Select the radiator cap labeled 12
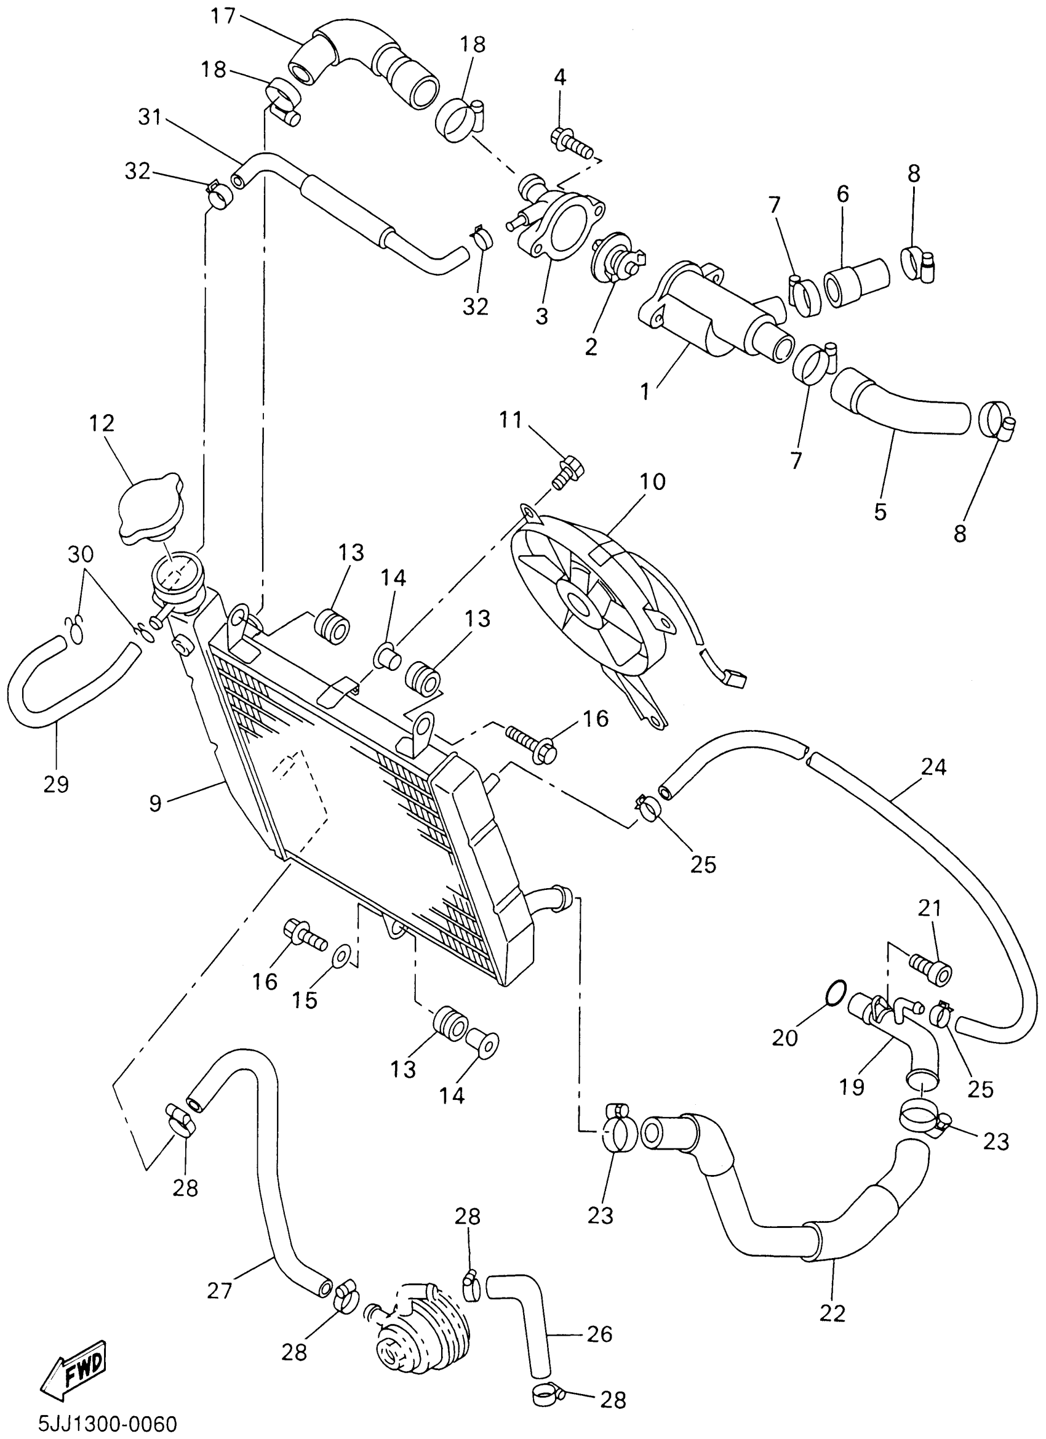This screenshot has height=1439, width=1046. point(150,508)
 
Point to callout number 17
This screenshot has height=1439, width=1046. point(223,15)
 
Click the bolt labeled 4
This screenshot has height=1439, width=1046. point(573,142)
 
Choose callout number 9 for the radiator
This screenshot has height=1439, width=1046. point(156,803)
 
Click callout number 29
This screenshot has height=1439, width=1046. point(56,784)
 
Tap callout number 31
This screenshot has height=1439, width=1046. point(150,118)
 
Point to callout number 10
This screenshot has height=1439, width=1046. point(653,481)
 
